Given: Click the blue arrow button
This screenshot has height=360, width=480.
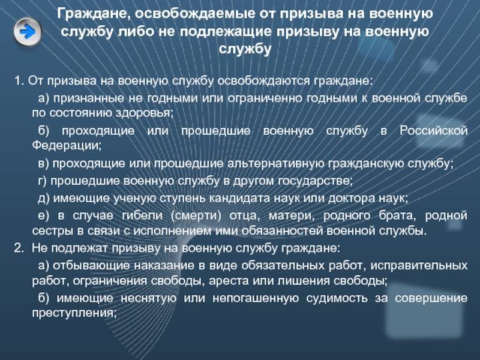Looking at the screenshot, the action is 28,32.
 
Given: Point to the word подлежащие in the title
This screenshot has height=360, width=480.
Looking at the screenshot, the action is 226,32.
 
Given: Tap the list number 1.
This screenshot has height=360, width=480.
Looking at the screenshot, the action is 19,81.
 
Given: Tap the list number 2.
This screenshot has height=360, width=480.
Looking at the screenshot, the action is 19,248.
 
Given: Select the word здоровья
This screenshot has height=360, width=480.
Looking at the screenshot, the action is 144,113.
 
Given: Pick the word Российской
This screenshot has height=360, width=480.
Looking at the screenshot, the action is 433,131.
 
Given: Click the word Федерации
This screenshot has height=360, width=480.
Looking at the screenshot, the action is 67,145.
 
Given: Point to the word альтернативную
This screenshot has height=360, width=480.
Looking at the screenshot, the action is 275,163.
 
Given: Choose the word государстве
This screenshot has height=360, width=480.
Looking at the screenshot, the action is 315,181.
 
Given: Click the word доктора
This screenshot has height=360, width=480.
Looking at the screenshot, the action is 352,199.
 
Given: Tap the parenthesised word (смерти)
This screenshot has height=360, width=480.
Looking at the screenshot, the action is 196,216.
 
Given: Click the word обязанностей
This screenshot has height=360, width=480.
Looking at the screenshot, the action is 282,231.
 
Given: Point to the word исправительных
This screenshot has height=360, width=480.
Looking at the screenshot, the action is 419,265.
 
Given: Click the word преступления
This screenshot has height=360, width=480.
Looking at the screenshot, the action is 74,313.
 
